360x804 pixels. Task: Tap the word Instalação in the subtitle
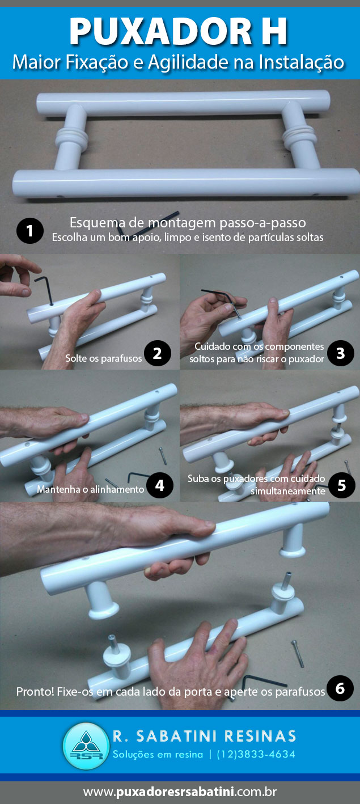(x=299, y=61)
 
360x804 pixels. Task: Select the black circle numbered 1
(x=29, y=231)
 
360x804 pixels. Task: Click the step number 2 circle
(x=157, y=353)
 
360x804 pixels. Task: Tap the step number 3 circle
(x=340, y=353)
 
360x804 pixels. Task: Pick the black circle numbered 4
(x=159, y=485)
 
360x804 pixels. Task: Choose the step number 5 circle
(x=341, y=485)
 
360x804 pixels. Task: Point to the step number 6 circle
(x=340, y=688)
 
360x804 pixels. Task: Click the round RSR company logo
(x=85, y=746)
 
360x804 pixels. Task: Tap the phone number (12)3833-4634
(x=256, y=755)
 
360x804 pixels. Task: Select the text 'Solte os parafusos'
(x=103, y=358)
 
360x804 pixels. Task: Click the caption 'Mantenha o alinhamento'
(x=90, y=489)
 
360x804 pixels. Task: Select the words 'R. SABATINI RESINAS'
(x=204, y=736)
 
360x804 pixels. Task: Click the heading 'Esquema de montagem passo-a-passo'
(x=187, y=222)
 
